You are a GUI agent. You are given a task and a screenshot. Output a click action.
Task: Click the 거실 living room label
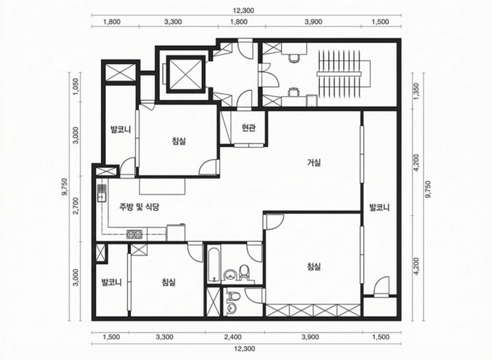pyautogui.click(x=314, y=162)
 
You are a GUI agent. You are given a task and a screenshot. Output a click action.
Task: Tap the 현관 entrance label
pyautogui.click(x=248, y=128)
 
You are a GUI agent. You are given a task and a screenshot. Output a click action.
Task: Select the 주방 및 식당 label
pyautogui.click(x=140, y=207)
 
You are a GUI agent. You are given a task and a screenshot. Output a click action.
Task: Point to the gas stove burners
pyautogui.click(x=134, y=234)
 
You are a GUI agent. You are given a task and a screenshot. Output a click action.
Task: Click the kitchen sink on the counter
pyautogui.click(x=101, y=193)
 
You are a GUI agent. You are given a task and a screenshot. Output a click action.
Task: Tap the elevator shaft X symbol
pyautogui.click(x=185, y=73)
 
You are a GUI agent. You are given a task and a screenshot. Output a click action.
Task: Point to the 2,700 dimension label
pyautogui.click(x=76, y=209)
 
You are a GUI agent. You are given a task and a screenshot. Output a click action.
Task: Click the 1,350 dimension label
pyautogui.click(x=416, y=91)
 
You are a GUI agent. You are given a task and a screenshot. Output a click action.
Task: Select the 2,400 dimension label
pyautogui.click(x=233, y=337)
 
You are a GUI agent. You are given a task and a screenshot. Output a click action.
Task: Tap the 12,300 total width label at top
pyautogui.click(x=243, y=10)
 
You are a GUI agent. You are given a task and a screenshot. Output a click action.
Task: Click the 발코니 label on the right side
pyautogui.click(x=379, y=207)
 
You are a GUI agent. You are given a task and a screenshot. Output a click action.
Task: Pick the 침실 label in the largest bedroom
pyautogui.click(x=314, y=267)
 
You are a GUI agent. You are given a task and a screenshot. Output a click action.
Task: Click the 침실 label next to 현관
pyautogui.click(x=179, y=141)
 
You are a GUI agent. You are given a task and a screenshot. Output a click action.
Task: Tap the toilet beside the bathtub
pyautogui.click(x=244, y=272)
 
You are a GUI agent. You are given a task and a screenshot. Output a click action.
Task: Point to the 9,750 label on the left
pyautogui.click(x=66, y=187)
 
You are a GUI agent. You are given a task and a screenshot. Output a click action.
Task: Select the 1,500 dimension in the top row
pyautogui.click(x=380, y=22)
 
